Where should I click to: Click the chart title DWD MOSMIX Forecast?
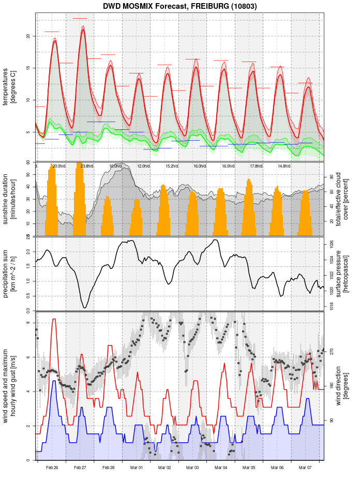(179, 6)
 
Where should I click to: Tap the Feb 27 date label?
(80, 468)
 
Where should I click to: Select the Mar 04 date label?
(221, 468)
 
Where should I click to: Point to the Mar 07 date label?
(305, 468)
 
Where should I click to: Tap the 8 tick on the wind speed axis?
(27, 323)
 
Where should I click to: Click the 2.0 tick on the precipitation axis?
(27, 252)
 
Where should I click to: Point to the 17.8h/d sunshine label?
(256, 166)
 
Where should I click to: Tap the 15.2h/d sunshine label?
(172, 166)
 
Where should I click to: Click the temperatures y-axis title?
(9, 85)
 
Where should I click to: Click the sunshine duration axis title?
(9, 198)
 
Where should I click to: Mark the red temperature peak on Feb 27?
(83, 29)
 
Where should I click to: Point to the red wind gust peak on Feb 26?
(54, 319)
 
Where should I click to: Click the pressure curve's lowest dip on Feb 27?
(84, 308)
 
